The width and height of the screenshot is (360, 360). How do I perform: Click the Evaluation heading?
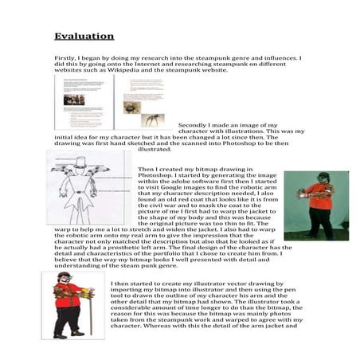(84, 36)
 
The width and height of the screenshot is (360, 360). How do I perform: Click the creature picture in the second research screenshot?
(150, 119)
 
